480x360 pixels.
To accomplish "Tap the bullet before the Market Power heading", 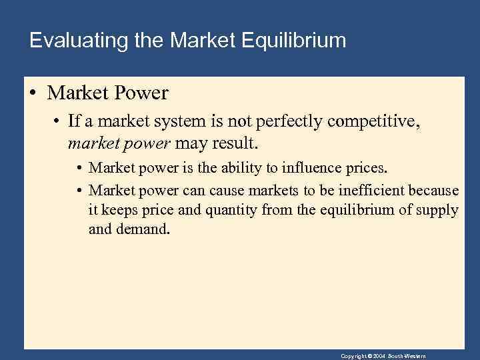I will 33,93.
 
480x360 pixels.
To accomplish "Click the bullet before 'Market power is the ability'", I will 80,167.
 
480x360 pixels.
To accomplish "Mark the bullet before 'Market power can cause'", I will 80,190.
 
